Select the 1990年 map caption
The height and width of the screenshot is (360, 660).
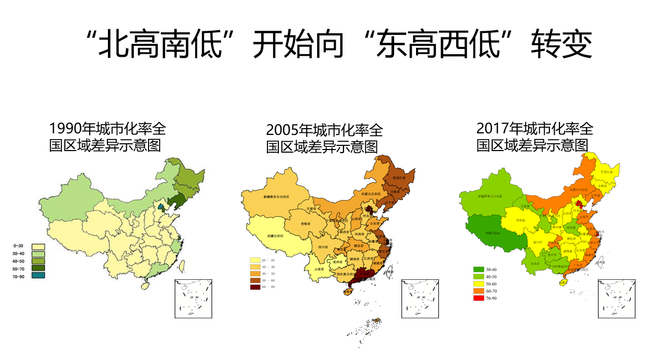point(107,136)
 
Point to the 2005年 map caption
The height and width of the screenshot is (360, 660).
point(323,138)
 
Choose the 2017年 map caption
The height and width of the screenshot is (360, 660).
point(534,136)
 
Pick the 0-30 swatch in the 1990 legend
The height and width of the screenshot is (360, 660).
point(38,246)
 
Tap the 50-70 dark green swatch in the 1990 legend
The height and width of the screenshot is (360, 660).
point(38,268)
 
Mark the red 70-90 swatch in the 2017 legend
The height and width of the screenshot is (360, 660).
point(479,299)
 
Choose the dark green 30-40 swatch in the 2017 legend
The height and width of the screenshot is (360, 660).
point(479,270)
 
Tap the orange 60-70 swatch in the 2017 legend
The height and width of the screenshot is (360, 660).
point(479,291)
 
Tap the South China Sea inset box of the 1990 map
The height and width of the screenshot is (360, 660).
point(193,299)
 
